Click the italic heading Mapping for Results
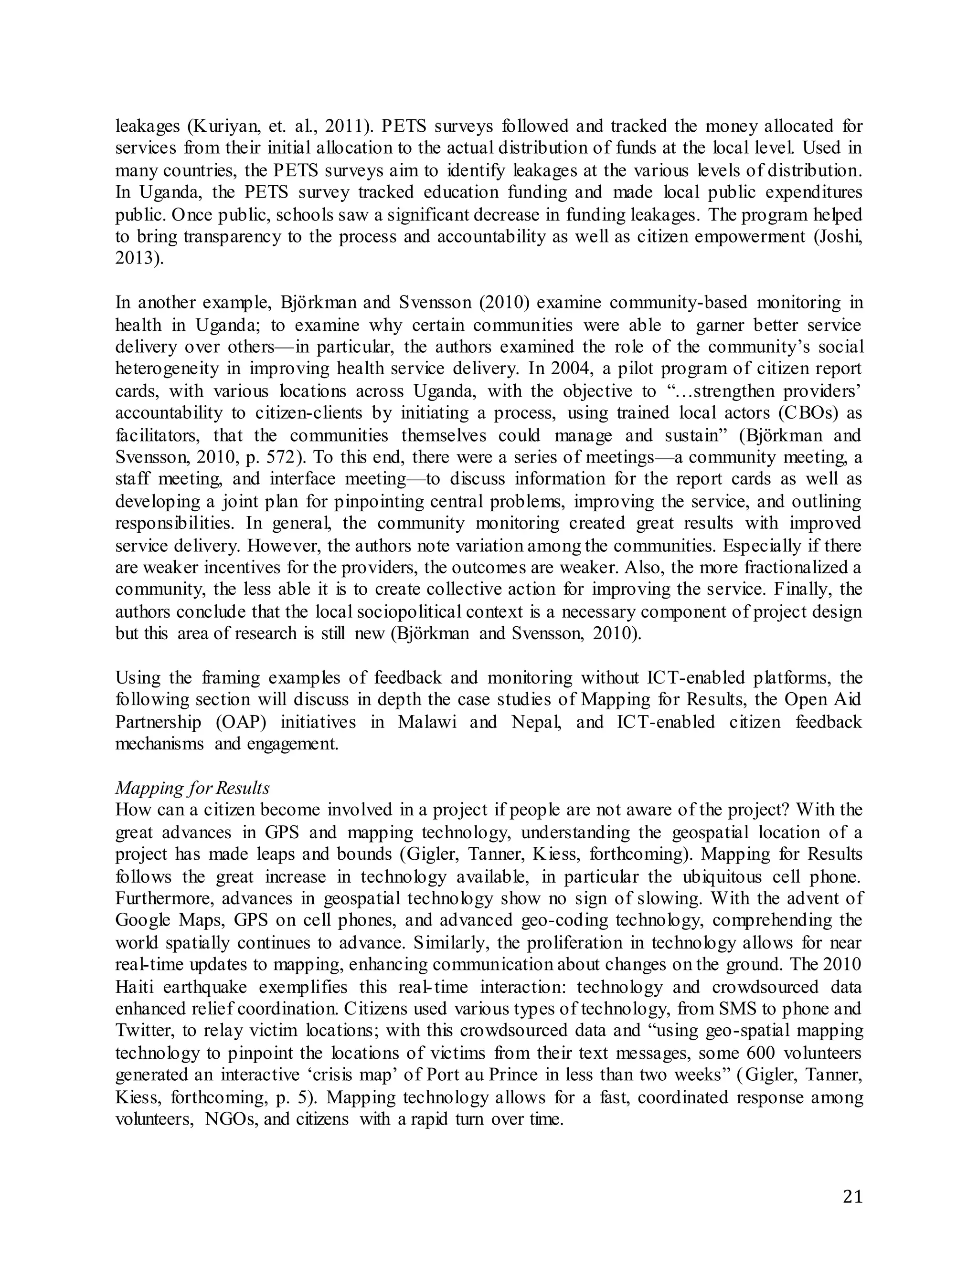(x=192, y=788)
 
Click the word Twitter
(x=144, y=1032)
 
